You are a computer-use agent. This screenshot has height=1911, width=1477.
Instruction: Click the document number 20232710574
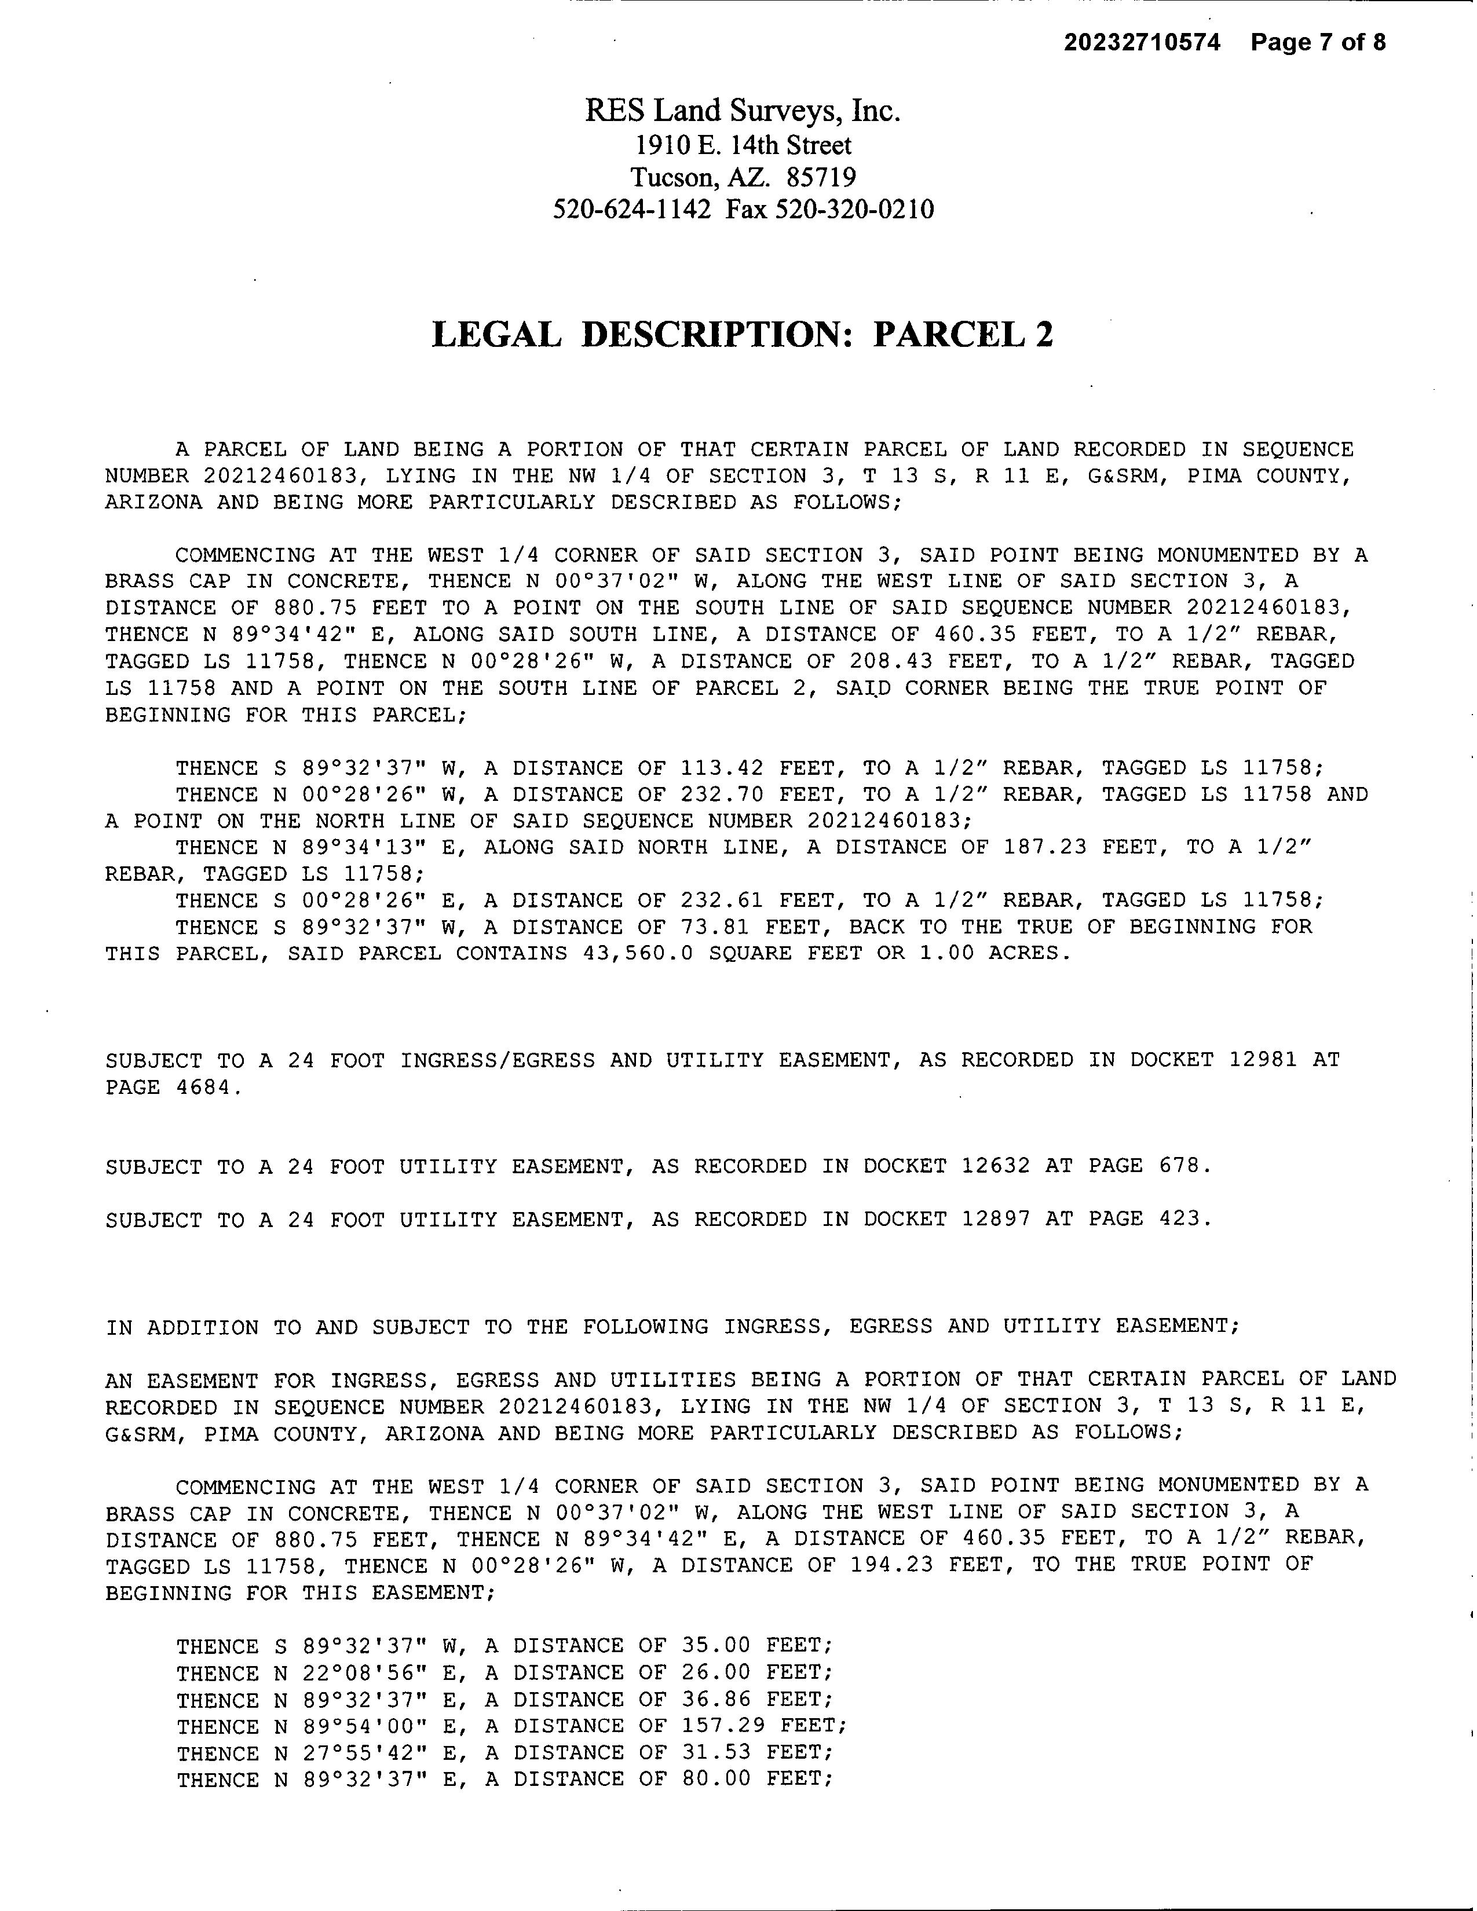coord(1142,43)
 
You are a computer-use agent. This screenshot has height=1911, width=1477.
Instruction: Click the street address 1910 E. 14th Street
coord(743,145)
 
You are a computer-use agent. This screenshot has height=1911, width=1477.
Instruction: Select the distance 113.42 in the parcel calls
coord(722,768)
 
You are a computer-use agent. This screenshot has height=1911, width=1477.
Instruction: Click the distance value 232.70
coord(722,795)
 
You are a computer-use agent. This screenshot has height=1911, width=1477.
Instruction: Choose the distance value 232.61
coord(722,900)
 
